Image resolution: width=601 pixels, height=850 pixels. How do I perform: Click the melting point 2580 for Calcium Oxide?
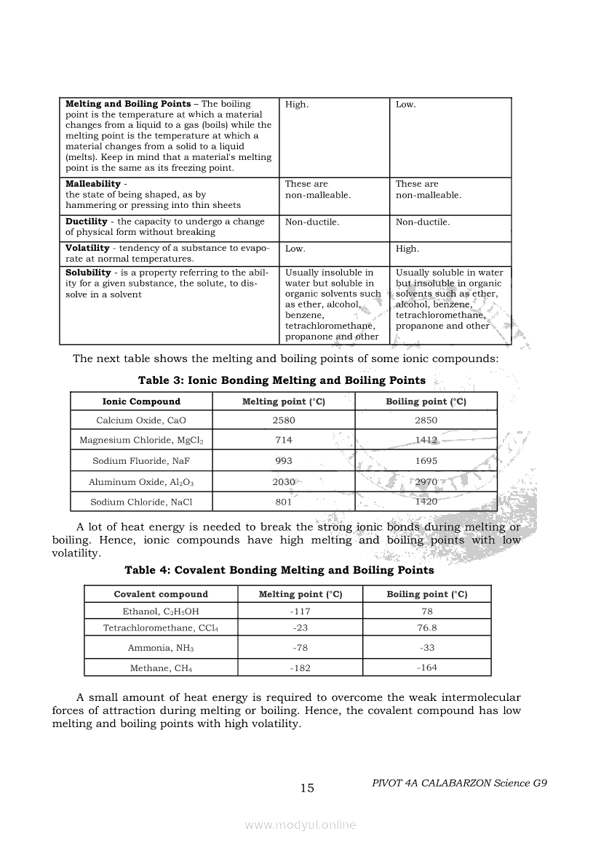tap(284, 420)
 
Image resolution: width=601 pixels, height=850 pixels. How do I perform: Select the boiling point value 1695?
tap(426, 461)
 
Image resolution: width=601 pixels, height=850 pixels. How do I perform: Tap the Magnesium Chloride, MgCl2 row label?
tap(141, 441)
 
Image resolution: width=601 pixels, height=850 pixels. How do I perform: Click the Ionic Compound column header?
tap(141, 401)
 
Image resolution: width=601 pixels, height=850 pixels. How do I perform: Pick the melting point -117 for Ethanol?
tap(300, 612)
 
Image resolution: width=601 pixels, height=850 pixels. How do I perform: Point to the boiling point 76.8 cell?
tap(426, 628)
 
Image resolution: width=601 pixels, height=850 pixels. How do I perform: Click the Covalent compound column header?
tap(161, 594)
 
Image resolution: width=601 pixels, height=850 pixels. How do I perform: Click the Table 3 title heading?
tap(282, 380)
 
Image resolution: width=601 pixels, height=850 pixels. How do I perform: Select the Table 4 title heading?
tap(279, 570)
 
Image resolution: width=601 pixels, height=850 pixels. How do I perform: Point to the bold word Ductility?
tap(87, 222)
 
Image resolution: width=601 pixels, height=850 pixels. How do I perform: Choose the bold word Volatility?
tap(87, 248)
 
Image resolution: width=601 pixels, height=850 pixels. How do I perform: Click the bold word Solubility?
tap(88, 273)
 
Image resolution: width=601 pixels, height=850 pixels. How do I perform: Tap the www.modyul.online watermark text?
tap(300, 825)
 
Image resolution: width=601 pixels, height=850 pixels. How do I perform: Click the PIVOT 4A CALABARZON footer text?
tap(458, 783)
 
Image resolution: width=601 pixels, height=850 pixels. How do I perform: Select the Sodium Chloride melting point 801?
tap(284, 502)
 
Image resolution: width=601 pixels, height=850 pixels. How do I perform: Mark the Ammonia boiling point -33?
tap(426, 647)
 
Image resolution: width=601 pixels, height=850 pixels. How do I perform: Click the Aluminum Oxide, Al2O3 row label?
tap(141, 482)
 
